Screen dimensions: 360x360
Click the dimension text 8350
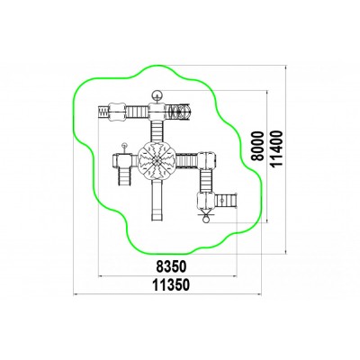click(x=172, y=266)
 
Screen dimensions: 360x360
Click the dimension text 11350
click(x=171, y=284)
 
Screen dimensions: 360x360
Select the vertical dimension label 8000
click(x=258, y=146)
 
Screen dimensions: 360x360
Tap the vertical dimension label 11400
click(x=276, y=148)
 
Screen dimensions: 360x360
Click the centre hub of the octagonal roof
click(x=156, y=160)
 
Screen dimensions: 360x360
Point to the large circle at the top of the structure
click(x=157, y=95)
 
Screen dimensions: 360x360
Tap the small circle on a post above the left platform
click(x=124, y=146)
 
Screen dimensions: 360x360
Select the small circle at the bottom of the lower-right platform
click(x=206, y=220)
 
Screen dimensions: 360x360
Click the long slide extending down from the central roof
click(x=157, y=200)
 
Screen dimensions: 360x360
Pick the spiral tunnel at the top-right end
click(x=178, y=112)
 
